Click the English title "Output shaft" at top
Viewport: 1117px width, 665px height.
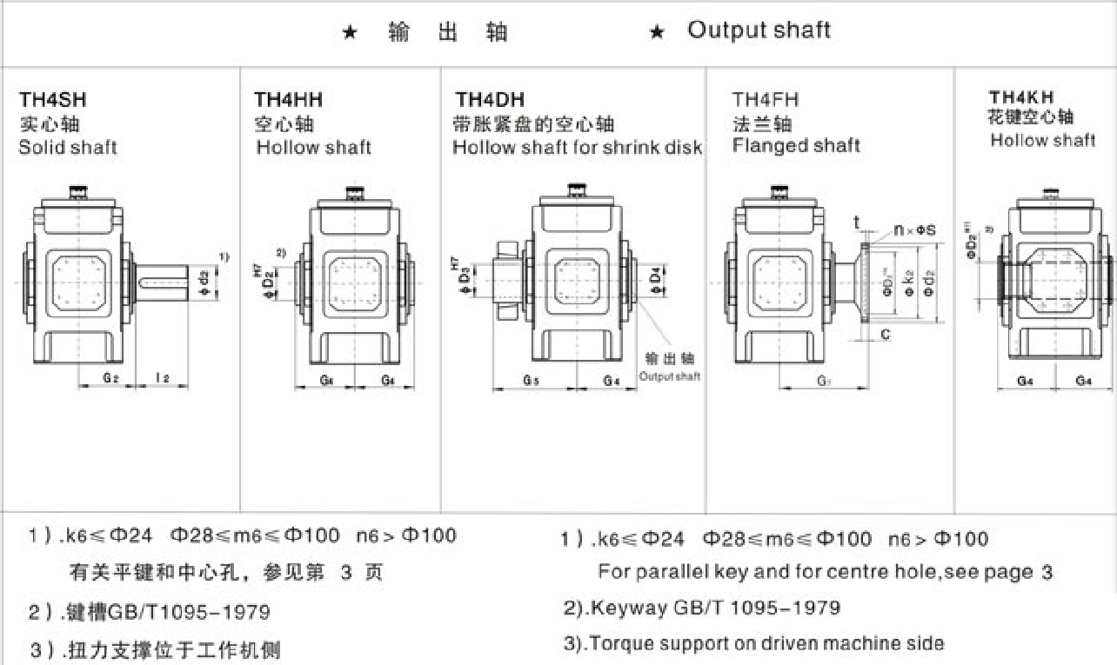759,30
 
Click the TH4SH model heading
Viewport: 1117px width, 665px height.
53,100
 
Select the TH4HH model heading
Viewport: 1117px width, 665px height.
288,100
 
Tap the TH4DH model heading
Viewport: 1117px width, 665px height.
490,100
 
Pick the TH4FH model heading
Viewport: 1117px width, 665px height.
765,100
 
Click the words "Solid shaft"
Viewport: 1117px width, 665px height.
68,147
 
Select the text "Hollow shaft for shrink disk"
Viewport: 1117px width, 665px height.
577,147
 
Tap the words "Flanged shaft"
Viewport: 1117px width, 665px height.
796,145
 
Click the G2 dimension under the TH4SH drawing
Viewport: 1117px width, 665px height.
110,376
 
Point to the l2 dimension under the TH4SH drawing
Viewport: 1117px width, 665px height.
162,376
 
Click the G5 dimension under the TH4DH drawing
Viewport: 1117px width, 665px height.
531,380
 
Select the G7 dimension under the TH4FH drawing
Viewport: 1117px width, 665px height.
822,380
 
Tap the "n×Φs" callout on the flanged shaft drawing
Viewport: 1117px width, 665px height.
913,230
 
